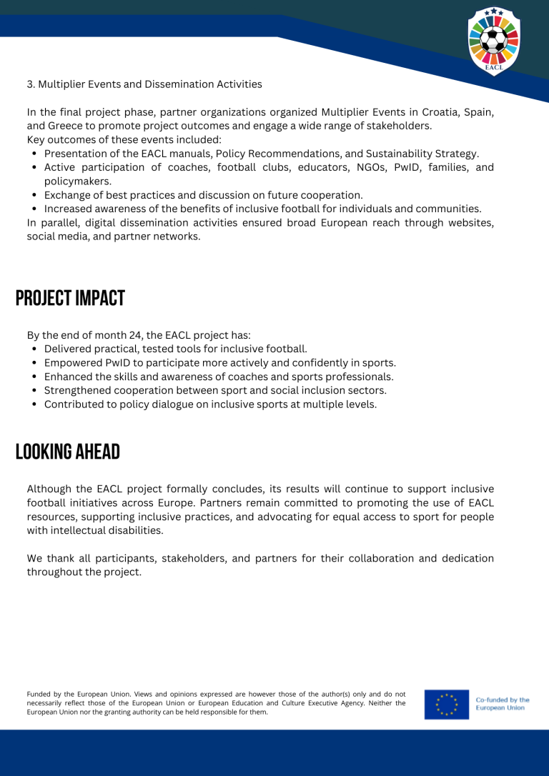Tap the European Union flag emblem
(x=446, y=703)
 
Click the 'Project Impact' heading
(x=70, y=298)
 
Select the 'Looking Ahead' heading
(x=68, y=452)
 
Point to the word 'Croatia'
(x=444, y=112)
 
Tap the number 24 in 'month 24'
(x=134, y=335)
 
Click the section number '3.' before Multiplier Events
(x=31, y=84)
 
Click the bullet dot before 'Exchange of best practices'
(x=35, y=195)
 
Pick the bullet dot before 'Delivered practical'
(x=35, y=349)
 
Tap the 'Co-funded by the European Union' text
(x=503, y=703)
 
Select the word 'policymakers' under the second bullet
(x=77, y=181)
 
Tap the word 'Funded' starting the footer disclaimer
(x=39, y=694)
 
